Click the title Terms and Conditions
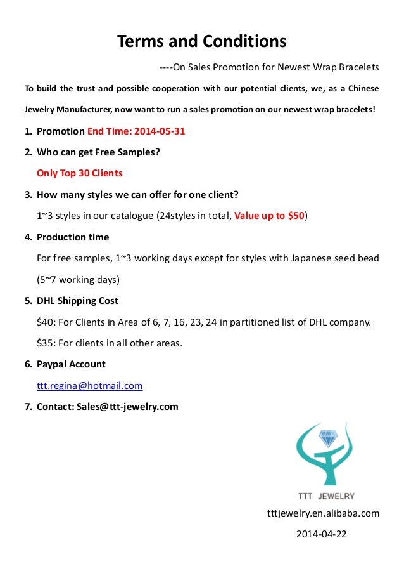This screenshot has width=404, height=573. click(x=202, y=42)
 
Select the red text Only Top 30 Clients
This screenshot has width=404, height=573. click(x=80, y=173)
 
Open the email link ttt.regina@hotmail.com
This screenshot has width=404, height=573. click(x=89, y=385)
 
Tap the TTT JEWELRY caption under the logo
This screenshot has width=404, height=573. click(x=327, y=496)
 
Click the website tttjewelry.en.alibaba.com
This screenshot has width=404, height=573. click(x=324, y=513)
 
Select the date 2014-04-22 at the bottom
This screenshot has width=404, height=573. click(x=322, y=534)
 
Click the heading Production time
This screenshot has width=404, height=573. click(x=73, y=237)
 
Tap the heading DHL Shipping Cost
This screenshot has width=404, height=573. click(x=77, y=301)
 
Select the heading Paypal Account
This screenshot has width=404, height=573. click(x=71, y=364)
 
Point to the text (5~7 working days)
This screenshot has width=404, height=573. click(x=78, y=279)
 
